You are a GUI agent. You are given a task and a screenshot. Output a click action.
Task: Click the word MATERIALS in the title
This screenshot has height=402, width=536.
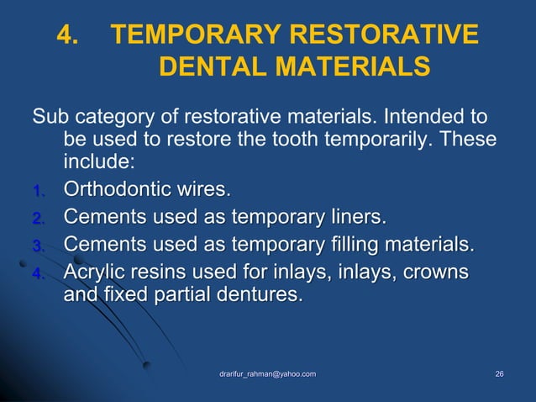(353, 66)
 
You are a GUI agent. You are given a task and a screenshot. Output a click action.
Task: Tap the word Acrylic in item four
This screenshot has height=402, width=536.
(96, 274)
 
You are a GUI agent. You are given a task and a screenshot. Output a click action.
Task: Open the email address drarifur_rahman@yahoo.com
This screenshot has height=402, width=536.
(268, 373)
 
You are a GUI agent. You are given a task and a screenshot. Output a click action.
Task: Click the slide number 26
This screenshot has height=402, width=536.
(500, 373)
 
